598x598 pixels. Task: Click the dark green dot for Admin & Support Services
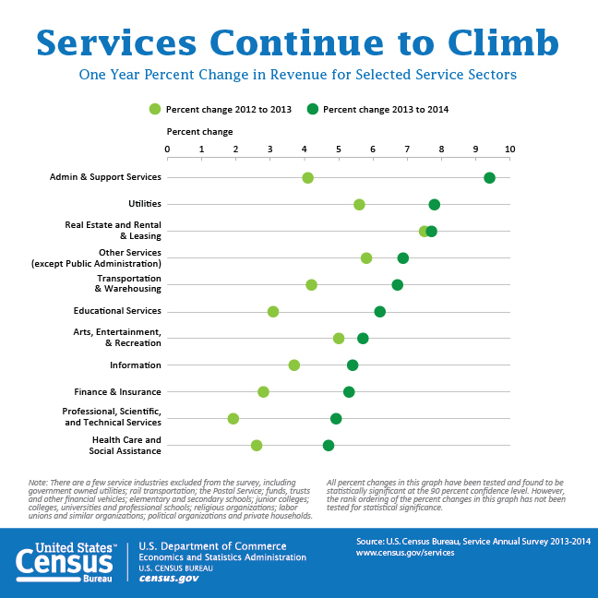(x=489, y=178)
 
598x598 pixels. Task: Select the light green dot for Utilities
(x=359, y=205)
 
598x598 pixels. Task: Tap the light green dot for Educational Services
(x=273, y=312)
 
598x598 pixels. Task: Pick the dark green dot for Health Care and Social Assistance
(x=329, y=446)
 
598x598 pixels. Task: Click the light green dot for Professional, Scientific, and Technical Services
(x=233, y=419)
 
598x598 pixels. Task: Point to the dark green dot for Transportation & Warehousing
(x=398, y=285)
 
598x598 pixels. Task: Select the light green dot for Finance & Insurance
(x=264, y=392)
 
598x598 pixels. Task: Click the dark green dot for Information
(x=353, y=365)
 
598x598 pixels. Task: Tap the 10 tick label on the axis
(x=509, y=149)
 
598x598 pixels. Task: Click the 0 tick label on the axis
(x=167, y=149)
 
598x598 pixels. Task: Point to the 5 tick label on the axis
(x=339, y=149)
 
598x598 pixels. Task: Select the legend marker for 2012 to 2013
(x=155, y=110)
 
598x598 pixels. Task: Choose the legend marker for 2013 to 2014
(x=313, y=110)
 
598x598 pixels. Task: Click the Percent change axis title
(x=199, y=132)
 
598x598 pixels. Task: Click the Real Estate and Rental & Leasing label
(x=113, y=231)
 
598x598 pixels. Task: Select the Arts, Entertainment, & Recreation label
(x=117, y=338)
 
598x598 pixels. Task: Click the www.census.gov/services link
(x=405, y=552)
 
